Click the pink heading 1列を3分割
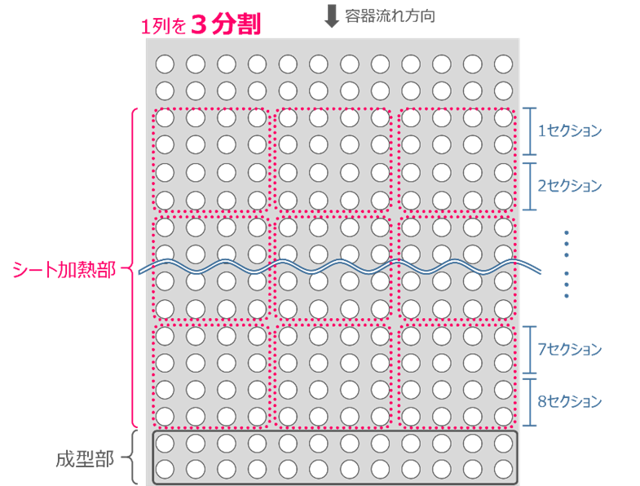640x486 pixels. click(201, 25)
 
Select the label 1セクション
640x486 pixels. click(569, 130)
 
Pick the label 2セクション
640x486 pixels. click(569, 185)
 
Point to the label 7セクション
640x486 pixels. click(569, 349)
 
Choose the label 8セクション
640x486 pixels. click(569, 401)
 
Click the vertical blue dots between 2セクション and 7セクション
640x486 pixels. click(566, 263)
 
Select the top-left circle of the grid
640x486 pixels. click(165, 64)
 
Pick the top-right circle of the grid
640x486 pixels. click(503, 64)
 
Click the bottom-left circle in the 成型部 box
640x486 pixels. click(165, 470)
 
